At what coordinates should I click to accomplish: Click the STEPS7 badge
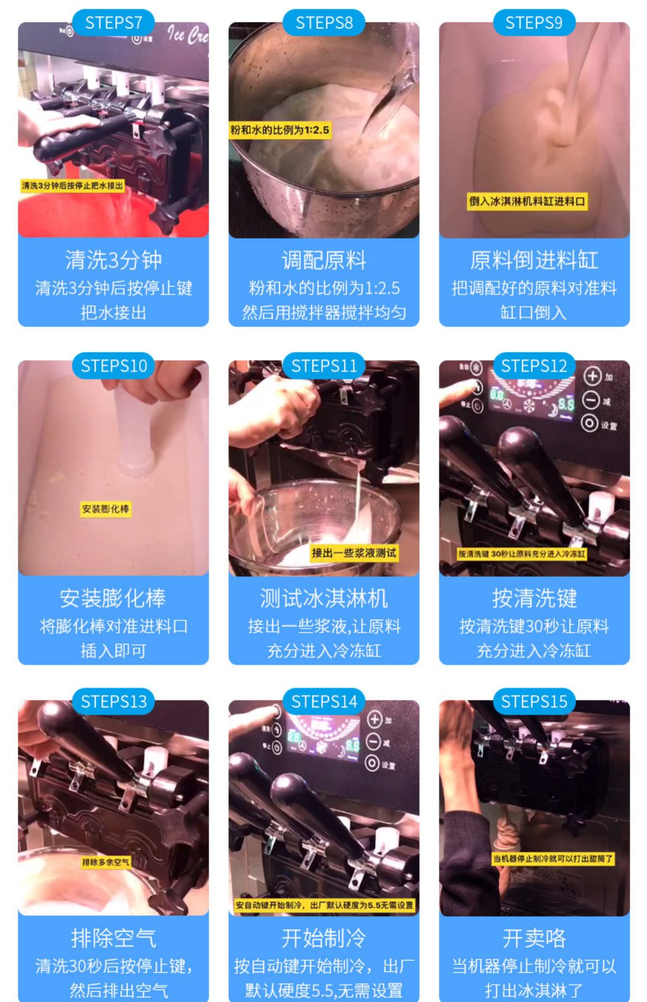coord(113,23)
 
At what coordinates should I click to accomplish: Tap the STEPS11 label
coord(323,366)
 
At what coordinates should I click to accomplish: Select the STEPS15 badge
coord(534,701)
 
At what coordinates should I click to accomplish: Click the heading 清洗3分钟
coord(113,260)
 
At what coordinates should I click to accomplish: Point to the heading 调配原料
coord(323,260)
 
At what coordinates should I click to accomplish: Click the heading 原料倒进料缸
coord(534,260)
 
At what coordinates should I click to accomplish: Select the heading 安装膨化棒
coord(113,598)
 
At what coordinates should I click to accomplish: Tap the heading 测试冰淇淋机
coord(323,598)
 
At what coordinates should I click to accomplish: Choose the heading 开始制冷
coord(323,938)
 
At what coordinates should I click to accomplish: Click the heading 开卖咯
coord(534,938)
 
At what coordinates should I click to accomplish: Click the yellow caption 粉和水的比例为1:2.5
coord(280,130)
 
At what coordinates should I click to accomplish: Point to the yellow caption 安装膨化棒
coord(105,509)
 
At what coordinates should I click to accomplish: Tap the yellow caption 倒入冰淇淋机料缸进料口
coord(526,201)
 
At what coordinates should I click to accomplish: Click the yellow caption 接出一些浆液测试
coord(354,553)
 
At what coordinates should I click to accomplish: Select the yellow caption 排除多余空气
coord(105,862)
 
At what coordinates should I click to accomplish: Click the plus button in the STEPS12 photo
coord(592,376)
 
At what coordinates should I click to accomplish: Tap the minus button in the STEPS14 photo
coord(373,741)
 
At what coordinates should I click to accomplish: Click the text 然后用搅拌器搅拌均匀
coord(323,312)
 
